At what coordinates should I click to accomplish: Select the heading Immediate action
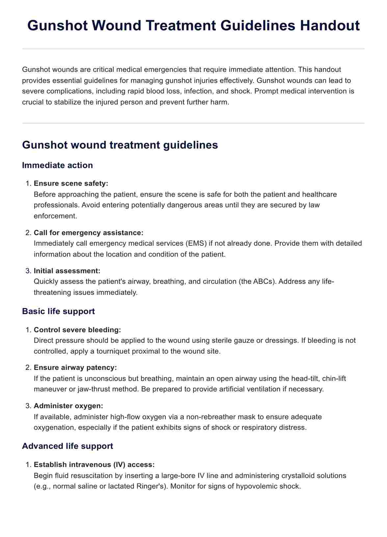[57, 165]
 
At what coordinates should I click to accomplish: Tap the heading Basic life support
[58, 311]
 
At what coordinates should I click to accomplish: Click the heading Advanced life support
[67, 446]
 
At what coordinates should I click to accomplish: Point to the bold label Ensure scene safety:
[71, 184]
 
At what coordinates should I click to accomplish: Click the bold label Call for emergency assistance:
[89, 233]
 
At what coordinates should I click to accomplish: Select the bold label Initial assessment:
[67, 271]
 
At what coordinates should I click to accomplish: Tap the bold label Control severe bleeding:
[77, 330]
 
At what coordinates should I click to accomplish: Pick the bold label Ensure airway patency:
[75, 367]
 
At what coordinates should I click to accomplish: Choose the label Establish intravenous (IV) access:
[94, 465]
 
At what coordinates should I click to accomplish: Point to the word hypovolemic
[258, 486]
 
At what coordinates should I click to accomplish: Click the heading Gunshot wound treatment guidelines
[120, 145]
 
